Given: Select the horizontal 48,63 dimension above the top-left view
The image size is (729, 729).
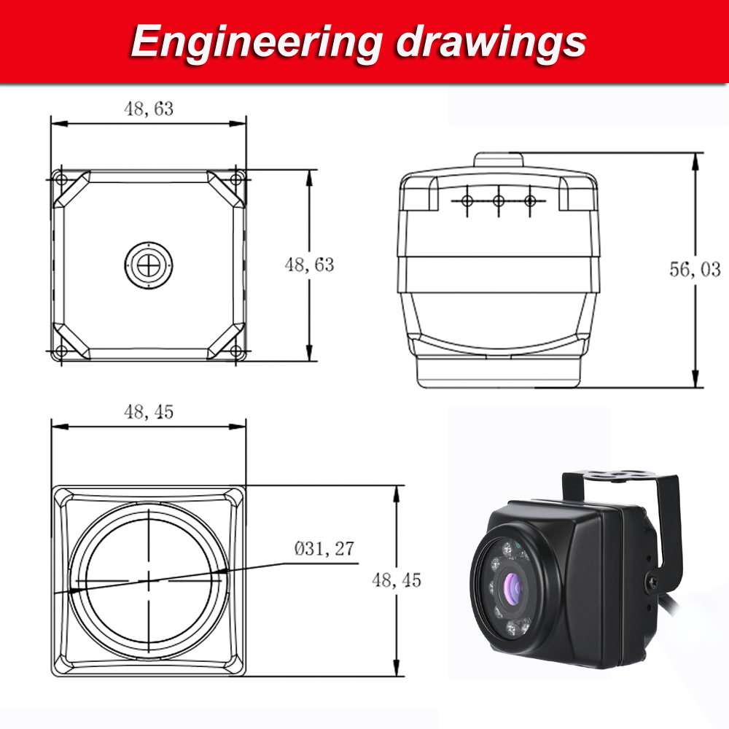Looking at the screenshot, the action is point(149,109).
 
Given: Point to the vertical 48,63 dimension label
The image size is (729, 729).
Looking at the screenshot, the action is point(310,265).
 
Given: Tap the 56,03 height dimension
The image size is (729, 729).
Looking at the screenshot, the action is point(695,269).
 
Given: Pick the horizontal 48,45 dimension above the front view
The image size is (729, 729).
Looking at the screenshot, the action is point(149,411).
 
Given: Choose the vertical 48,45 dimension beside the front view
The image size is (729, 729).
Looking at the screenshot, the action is point(397,580).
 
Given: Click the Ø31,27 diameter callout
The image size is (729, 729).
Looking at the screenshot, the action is point(324,549).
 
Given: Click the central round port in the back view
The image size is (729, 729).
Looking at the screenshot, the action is point(148,265).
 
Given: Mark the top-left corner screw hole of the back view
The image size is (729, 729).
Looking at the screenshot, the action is point(59,179).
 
